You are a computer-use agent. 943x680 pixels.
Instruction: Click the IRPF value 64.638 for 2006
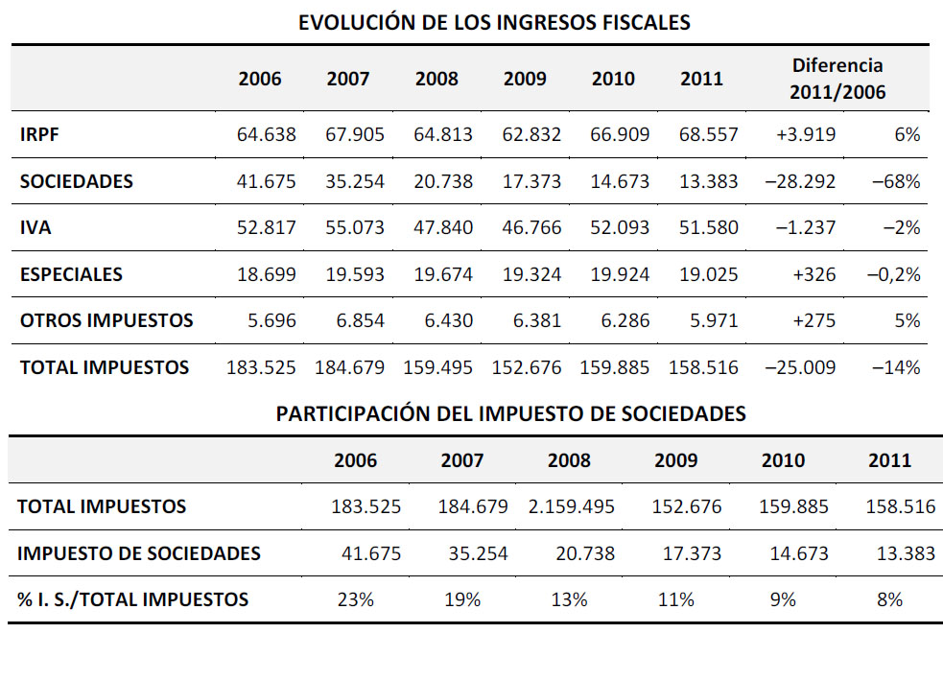click(267, 134)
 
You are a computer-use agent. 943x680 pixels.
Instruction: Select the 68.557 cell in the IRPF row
click(709, 134)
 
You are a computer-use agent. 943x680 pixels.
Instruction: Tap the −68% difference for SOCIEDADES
click(896, 181)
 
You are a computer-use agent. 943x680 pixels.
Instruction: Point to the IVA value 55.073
click(355, 227)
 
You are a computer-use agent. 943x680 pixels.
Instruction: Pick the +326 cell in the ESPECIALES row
click(814, 274)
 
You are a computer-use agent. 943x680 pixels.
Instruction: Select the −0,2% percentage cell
click(894, 274)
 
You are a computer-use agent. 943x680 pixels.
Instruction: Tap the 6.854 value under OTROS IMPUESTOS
click(361, 320)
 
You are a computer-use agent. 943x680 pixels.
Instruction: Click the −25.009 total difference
click(800, 367)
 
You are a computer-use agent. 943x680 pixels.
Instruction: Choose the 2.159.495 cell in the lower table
click(572, 506)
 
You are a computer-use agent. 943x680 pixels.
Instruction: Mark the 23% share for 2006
click(356, 599)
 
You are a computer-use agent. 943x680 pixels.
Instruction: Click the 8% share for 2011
click(889, 599)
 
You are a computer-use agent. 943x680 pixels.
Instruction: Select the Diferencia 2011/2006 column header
click(837, 79)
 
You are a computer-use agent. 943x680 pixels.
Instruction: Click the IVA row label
click(35, 228)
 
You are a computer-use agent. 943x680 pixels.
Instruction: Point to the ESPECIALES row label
click(71, 274)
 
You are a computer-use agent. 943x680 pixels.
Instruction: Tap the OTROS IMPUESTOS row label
click(106, 320)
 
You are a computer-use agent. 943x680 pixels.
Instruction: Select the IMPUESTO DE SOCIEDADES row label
click(139, 553)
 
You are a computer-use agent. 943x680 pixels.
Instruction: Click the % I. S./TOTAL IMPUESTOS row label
click(133, 599)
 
